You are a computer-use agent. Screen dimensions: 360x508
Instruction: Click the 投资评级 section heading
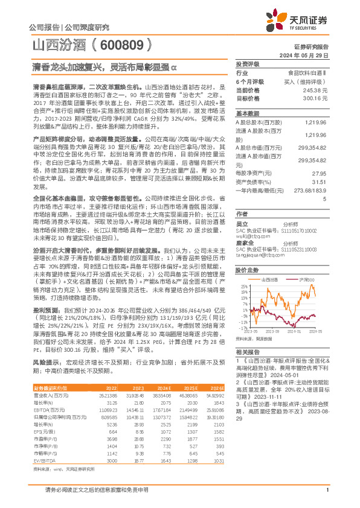[x=247, y=63]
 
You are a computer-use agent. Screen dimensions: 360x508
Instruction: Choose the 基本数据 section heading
[x=247, y=113]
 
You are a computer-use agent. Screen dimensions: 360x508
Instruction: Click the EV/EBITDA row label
[x=43, y=443]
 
